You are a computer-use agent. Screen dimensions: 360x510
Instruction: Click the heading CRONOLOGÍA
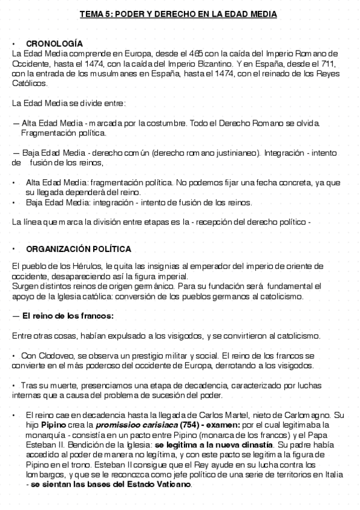click(x=54, y=44)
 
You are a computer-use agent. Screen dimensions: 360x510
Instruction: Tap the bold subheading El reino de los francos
click(x=67, y=316)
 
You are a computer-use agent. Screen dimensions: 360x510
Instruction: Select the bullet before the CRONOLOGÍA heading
click(x=14, y=44)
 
